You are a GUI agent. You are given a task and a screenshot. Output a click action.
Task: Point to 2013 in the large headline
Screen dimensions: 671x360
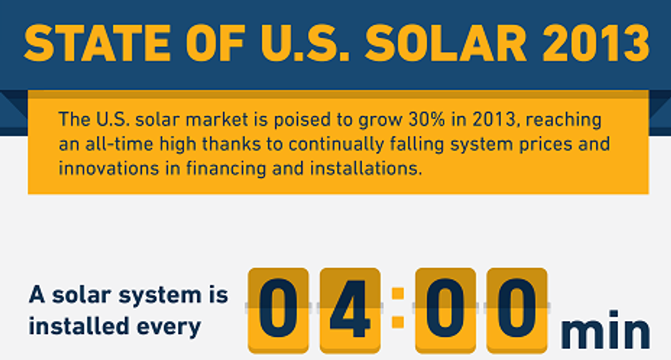tap(596, 43)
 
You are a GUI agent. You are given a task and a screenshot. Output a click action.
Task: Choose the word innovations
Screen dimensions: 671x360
tap(109, 168)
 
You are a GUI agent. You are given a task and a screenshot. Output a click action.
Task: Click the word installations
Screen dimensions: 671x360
tap(366, 168)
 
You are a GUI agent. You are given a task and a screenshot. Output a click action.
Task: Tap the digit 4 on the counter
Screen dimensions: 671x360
tap(350, 309)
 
